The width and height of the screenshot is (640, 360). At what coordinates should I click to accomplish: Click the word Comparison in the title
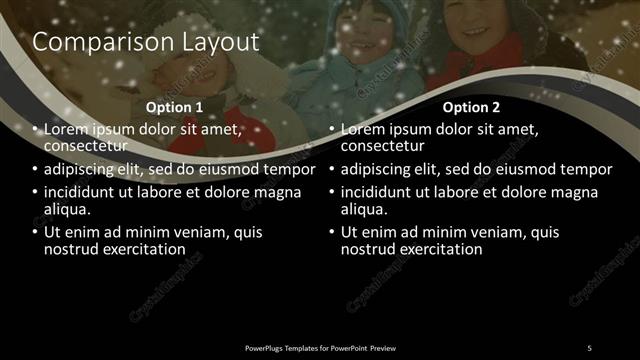coord(92,42)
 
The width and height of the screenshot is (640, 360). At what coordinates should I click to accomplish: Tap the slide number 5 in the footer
coord(588,347)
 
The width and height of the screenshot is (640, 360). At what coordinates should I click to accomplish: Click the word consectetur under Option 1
coord(86,145)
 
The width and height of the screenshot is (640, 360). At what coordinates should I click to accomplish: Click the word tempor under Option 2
coord(585,169)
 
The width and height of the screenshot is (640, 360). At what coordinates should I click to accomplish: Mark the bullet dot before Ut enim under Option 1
coord(36,233)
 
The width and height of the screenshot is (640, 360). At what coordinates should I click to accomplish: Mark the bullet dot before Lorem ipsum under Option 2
coord(333,130)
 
